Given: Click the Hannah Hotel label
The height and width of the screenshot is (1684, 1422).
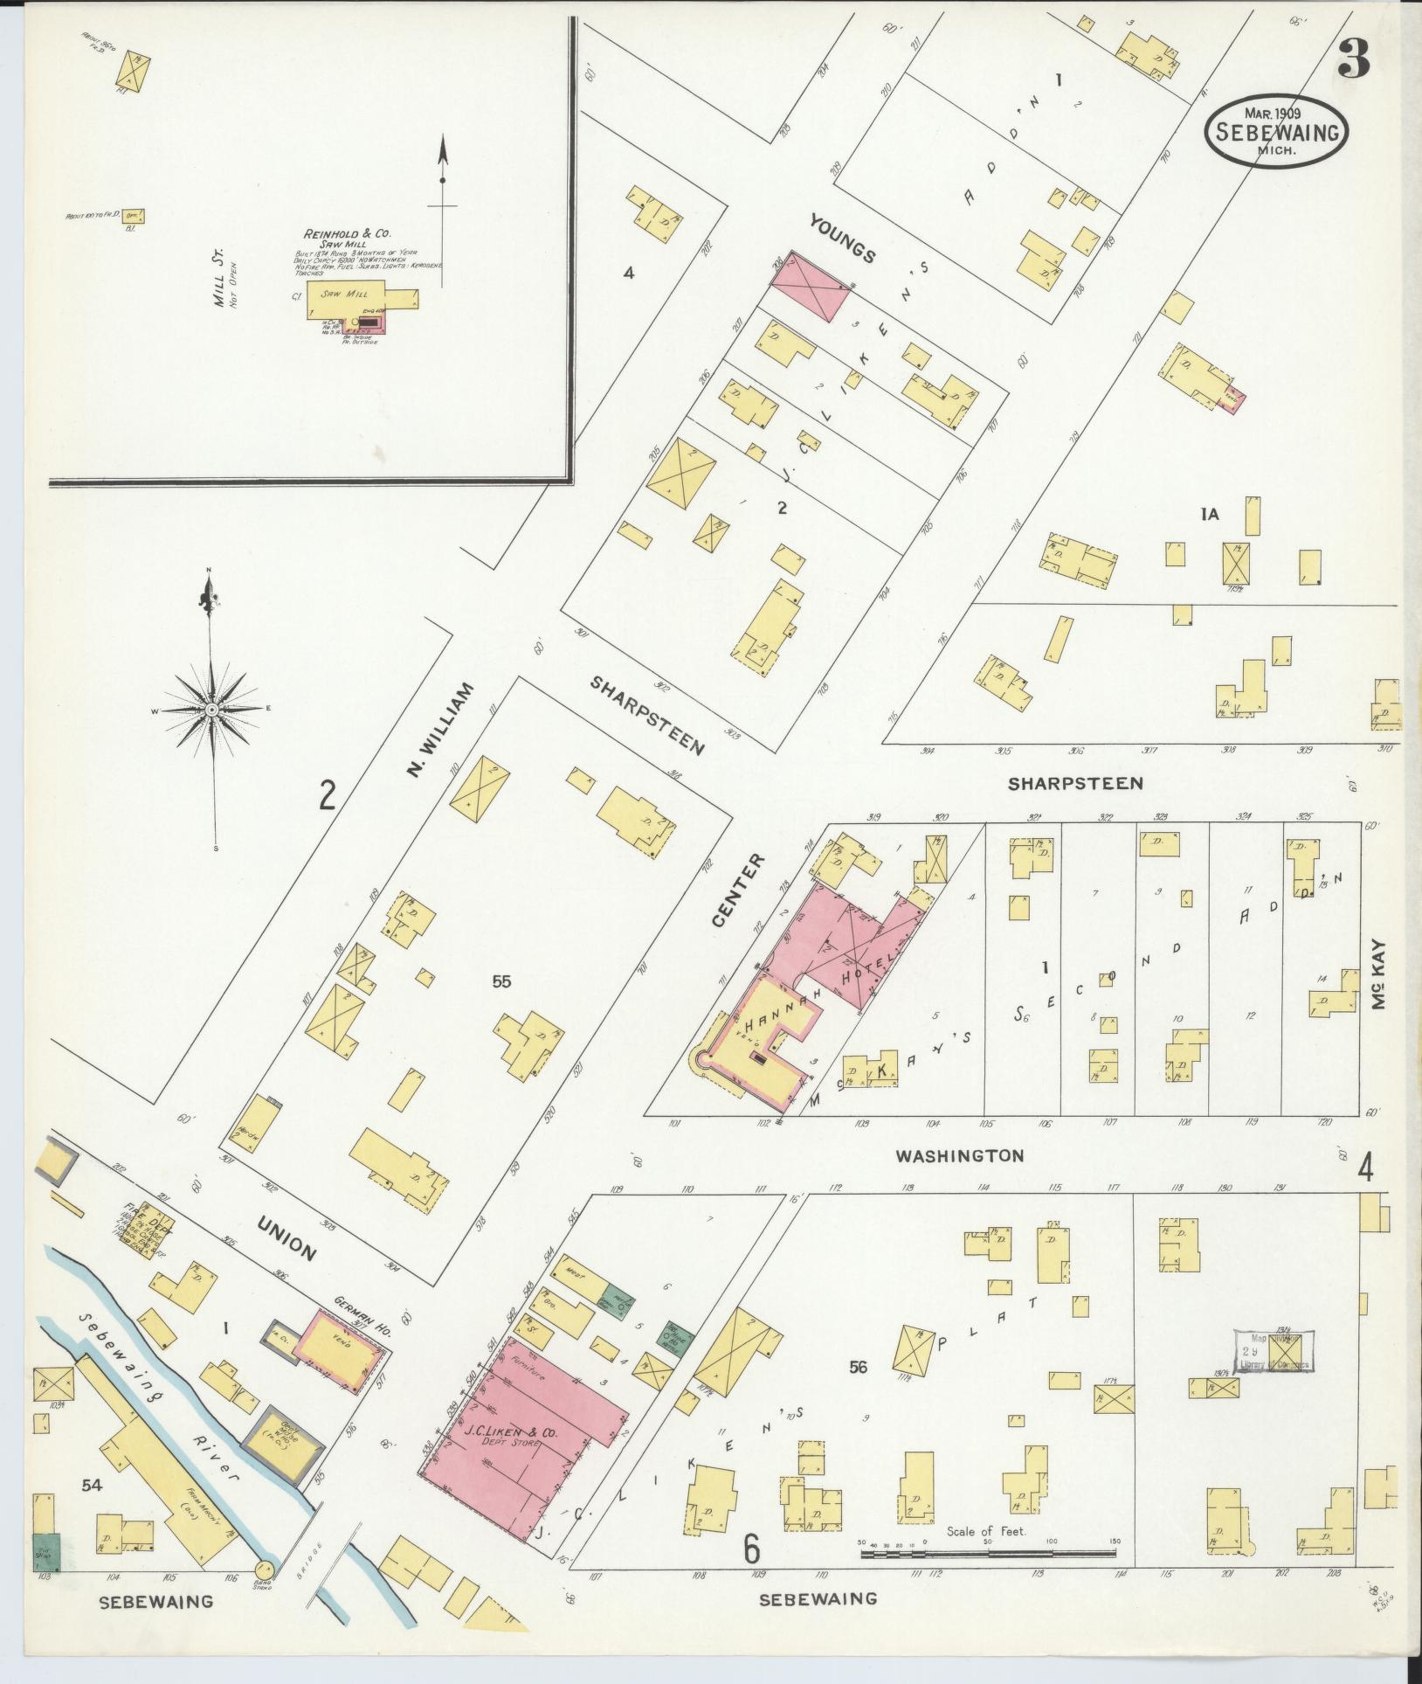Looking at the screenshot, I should click(x=821, y=991).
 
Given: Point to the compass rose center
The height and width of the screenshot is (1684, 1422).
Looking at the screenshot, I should click(x=211, y=710).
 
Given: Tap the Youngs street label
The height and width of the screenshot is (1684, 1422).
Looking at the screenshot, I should click(x=841, y=238).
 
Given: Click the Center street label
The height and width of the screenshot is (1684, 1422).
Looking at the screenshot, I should click(x=725, y=891).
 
